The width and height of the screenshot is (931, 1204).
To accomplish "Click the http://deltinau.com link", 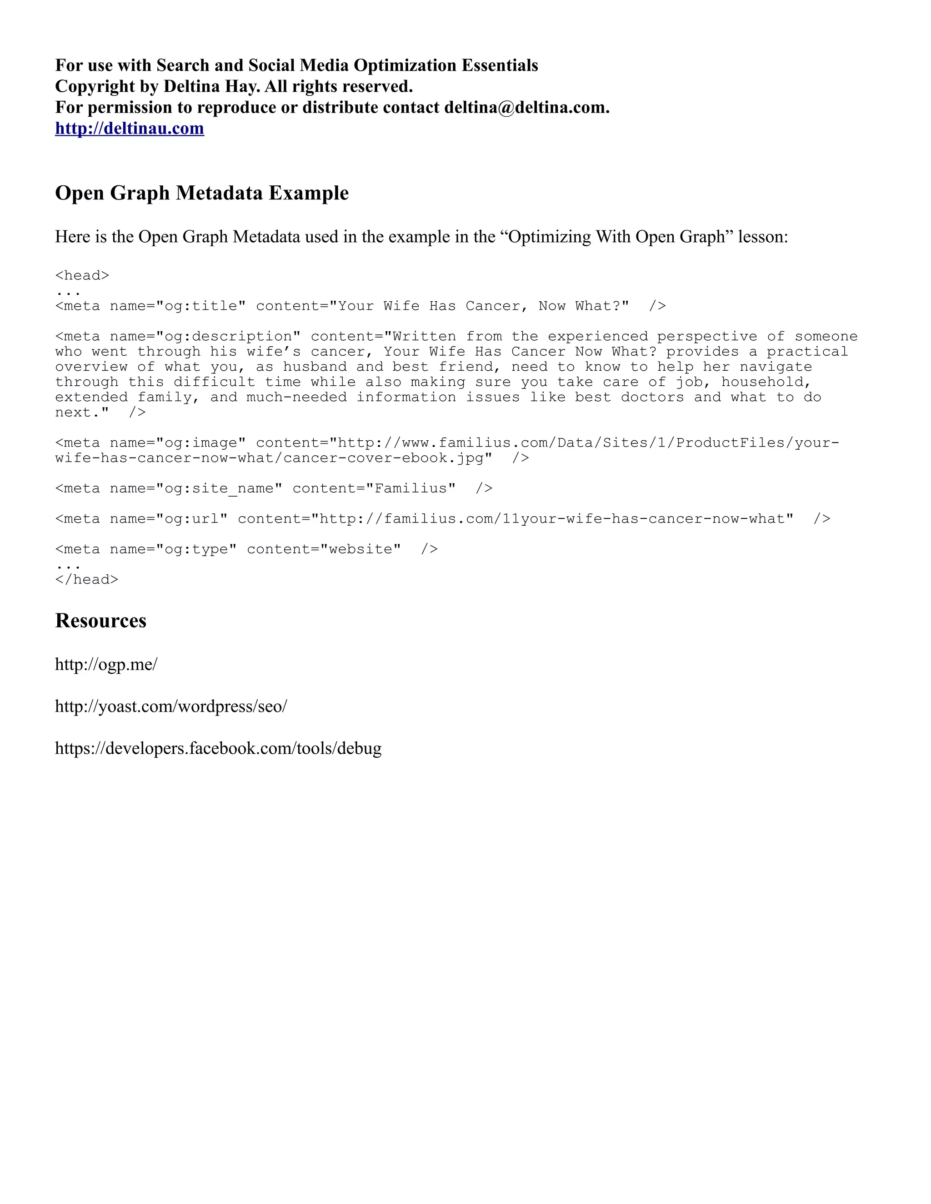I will click(130, 129).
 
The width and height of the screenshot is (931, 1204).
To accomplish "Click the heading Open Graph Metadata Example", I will click(202, 193).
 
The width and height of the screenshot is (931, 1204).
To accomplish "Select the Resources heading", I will click(100, 621).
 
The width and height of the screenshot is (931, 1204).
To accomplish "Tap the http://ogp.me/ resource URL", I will click(106, 664).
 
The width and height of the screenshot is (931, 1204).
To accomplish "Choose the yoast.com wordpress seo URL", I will click(171, 706).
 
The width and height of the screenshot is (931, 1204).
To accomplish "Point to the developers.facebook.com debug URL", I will click(218, 748).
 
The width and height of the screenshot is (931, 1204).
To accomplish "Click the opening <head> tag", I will click(82, 276).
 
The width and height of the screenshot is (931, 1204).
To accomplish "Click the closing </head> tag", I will click(86, 580).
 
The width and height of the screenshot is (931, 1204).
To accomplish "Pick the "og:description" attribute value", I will click(228, 336).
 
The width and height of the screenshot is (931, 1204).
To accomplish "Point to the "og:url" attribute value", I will click(191, 519).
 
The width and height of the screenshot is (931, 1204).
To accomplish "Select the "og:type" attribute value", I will click(196, 549).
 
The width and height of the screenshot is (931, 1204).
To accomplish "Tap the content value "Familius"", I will click(410, 488).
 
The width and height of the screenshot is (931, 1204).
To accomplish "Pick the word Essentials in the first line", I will click(500, 65).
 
